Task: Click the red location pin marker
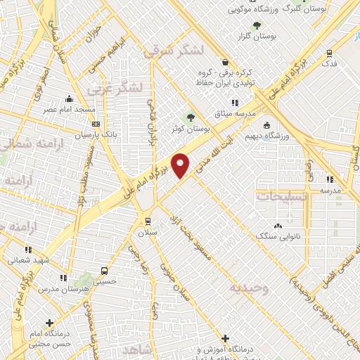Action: click(x=181, y=166)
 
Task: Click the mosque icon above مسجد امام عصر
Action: click(x=68, y=99)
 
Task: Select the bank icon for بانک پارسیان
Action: click(x=96, y=123)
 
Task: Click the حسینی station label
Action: click(x=105, y=281)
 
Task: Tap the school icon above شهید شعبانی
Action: click(x=28, y=249)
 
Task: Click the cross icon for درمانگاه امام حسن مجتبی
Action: click(x=49, y=323)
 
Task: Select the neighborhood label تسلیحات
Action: click(x=283, y=198)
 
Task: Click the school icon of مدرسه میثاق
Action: click(x=255, y=103)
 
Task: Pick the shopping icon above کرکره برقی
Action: click(x=224, y=62)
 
